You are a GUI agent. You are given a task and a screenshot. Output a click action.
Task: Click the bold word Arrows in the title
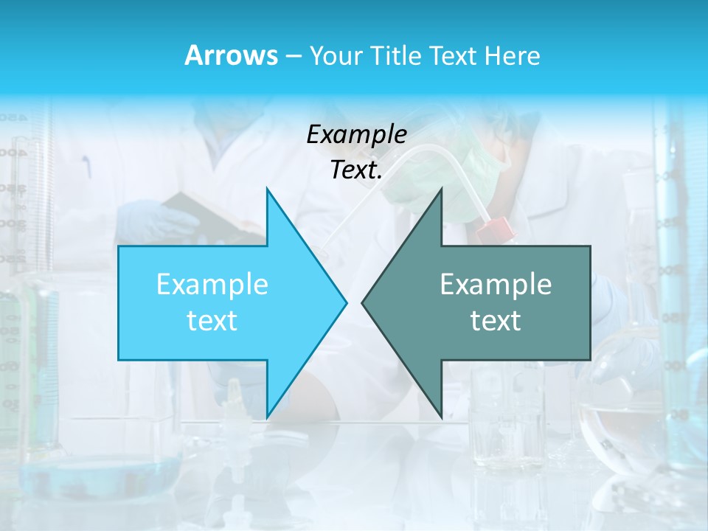[231, 55]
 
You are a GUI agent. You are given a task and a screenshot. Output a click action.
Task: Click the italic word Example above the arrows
[356, 135]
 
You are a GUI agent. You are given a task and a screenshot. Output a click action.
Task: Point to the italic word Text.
[356, 170]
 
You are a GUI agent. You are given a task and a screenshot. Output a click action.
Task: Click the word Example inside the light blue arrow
[212, 284]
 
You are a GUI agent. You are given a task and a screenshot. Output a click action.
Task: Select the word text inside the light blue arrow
[212, 321]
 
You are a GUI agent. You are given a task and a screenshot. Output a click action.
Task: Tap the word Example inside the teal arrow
[496, 284]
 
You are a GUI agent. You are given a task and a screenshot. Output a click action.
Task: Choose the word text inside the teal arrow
[496, 321]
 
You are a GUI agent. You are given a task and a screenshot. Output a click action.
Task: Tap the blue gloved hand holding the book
[151, 220]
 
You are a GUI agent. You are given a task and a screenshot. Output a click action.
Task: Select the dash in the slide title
[294, 56]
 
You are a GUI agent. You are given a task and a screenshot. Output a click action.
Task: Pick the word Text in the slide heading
[453, 56]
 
